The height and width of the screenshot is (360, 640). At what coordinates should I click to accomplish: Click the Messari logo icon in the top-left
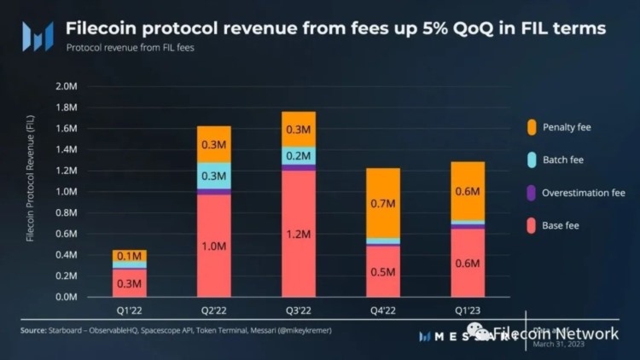point(37,36)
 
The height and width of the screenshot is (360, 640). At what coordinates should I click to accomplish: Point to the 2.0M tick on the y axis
point(66,86)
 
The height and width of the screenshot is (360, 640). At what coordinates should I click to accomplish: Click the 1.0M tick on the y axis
point(66,192)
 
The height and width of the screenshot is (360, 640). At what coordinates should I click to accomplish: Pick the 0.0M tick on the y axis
point(66,297)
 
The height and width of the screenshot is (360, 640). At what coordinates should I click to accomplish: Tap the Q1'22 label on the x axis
point(129,311)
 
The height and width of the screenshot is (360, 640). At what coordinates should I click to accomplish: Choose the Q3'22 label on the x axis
point(298,311)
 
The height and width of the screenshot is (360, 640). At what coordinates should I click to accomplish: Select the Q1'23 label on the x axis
point(467,311)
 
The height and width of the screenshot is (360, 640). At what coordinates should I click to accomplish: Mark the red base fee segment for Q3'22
point(298,233)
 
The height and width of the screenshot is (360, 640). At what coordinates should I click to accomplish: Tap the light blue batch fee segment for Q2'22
point(213,176)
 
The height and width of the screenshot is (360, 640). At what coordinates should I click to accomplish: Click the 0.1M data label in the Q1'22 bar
point(129,257)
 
